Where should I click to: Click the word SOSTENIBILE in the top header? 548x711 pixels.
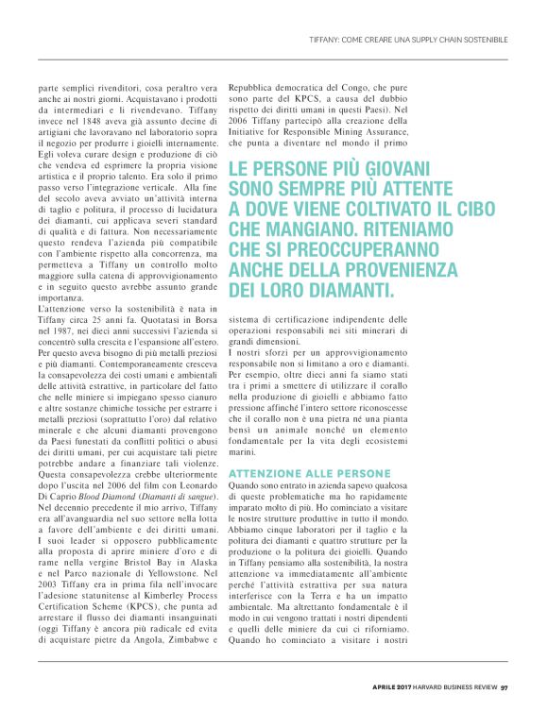tap(483, 39)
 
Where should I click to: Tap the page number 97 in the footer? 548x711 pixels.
tap(505, 686)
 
